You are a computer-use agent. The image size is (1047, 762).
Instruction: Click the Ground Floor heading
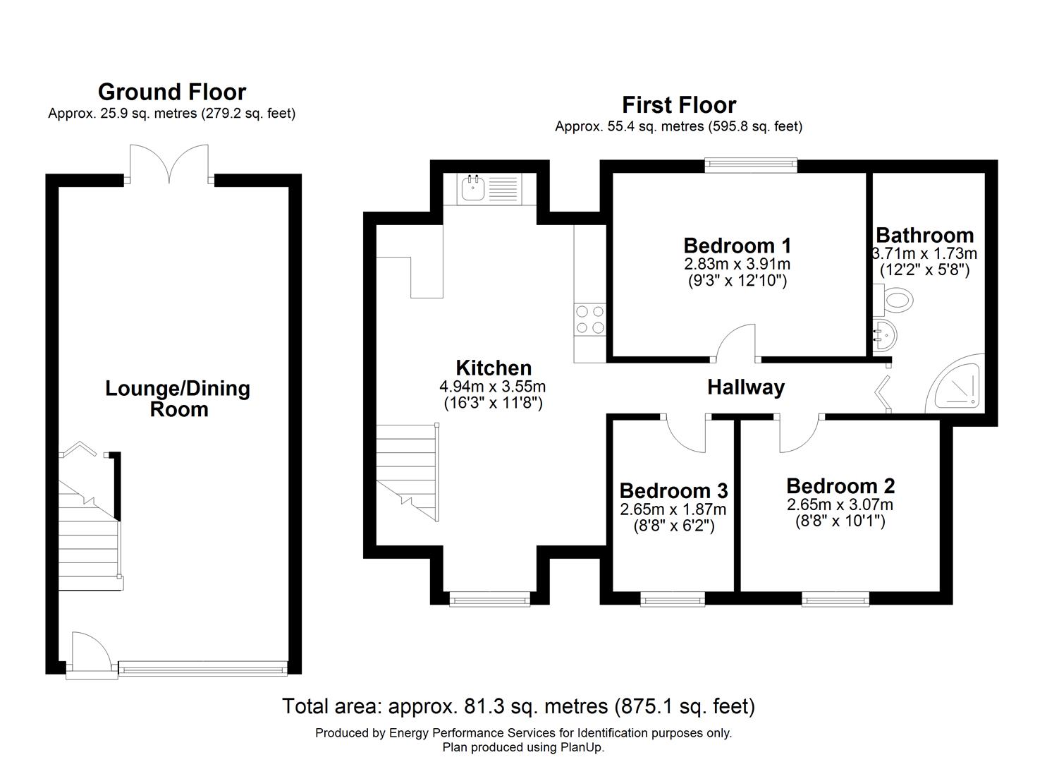coord(171,92)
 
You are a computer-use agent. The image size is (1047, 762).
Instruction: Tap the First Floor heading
coord(678,105)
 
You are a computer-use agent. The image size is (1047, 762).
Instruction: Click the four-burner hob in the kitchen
coord(589,319)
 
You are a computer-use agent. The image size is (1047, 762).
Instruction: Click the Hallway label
coord(745,387)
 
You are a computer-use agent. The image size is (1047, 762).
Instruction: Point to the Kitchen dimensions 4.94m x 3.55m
coord(492,387)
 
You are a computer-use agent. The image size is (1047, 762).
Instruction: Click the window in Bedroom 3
coord(672,600)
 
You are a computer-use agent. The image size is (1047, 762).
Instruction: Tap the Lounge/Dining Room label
coord(178,399)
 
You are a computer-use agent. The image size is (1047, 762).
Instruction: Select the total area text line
coord(518,706)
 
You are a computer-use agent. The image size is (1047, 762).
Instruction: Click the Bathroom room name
coord(924,235)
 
